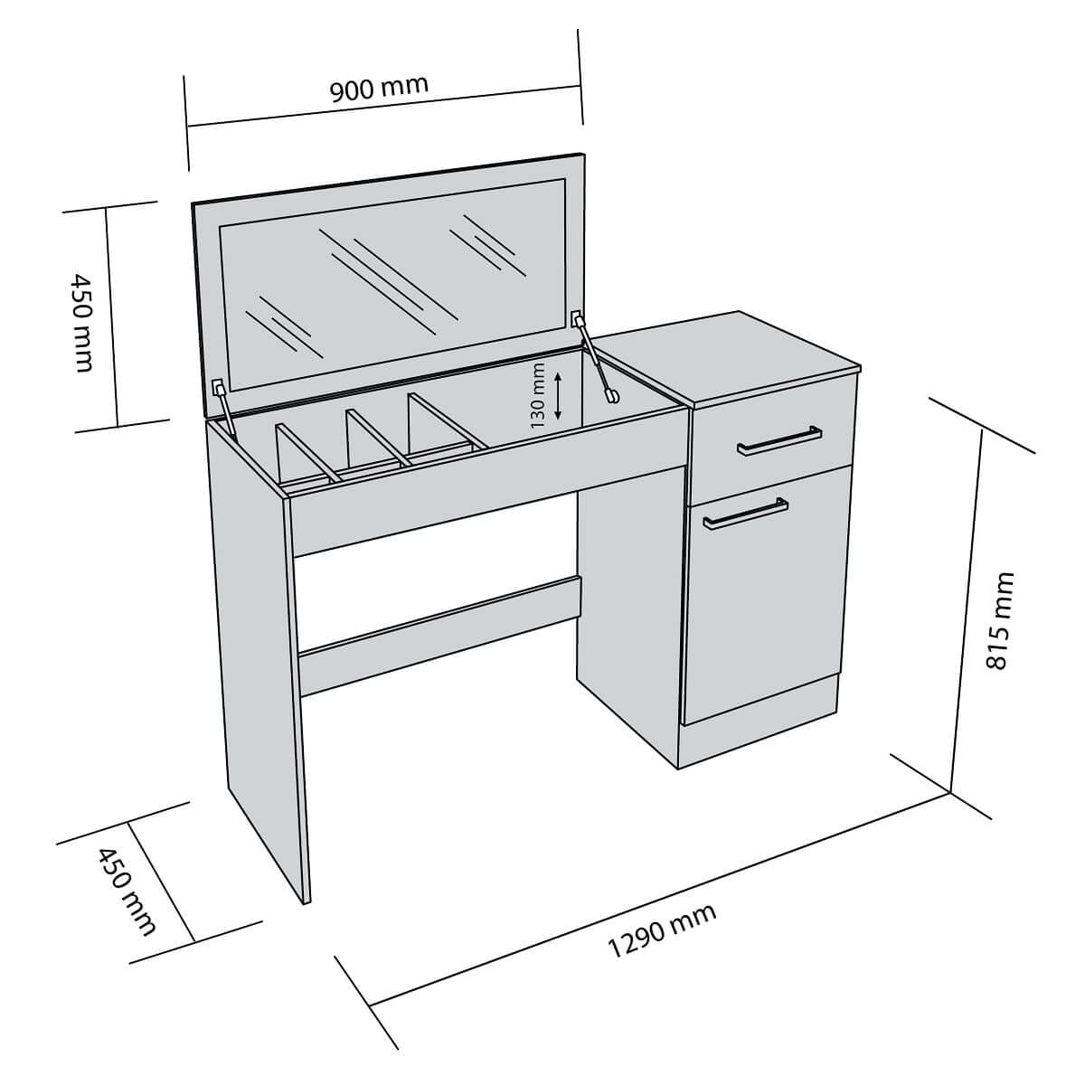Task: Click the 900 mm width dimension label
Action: (x=378, y=89)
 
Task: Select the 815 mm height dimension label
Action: (x=997, y=619)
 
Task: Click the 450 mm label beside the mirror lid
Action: (x=81, y=321)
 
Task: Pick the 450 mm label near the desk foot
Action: (x=127, y=891)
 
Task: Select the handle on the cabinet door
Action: (x=743, y=512)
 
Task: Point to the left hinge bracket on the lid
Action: (x=218, y=388)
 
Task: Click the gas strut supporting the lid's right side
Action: (x=595, y=356)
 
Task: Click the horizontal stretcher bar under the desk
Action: (x=439, y=633)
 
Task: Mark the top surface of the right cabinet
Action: (x=732, y=357)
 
